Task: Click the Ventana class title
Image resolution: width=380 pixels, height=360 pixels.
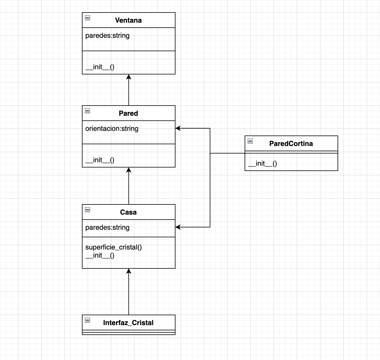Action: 128,20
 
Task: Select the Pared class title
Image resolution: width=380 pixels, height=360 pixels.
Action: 128,113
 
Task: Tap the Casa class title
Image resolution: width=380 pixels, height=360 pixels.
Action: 128,212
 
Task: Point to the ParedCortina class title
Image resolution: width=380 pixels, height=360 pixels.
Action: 291,144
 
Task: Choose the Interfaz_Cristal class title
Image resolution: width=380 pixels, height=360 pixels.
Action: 128,323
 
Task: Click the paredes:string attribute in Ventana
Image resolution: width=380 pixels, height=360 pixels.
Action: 107,35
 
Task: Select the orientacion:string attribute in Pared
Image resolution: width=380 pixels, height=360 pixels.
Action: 112,129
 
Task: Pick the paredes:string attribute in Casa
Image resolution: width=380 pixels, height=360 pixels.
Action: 107,227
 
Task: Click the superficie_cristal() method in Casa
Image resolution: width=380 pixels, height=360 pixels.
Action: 114,247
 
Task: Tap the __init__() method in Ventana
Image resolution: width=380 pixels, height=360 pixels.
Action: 100,67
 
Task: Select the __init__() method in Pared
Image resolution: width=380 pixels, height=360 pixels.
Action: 100,160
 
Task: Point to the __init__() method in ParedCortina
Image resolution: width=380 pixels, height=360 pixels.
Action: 263,163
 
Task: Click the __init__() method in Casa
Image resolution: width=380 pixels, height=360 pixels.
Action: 100,255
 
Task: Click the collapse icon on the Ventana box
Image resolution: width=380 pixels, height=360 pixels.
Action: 87,18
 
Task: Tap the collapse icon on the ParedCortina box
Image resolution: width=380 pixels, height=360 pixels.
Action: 250,141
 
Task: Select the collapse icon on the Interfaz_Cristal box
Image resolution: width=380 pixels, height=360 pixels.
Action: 87,320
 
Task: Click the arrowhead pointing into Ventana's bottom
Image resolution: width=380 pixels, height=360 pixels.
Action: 129,77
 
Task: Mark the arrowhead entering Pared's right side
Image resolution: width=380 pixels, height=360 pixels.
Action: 178,128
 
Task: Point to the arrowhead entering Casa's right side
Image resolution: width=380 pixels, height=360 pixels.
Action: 178,227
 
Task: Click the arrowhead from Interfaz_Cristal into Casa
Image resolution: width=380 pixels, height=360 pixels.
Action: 129,271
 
